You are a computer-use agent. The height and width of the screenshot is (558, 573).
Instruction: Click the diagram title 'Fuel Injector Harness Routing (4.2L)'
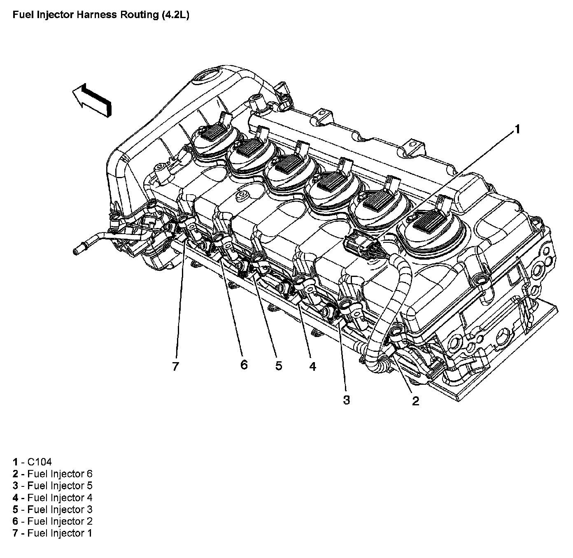(101, 16)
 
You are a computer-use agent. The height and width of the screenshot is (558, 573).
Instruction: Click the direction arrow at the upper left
(92, 100)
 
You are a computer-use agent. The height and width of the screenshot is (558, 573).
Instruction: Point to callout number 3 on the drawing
(346, 399)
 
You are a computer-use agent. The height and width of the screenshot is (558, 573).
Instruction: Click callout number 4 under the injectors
(312, 366)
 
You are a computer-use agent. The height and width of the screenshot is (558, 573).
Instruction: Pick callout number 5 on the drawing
(279, 365)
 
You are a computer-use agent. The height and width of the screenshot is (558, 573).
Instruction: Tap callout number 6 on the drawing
(244, 364)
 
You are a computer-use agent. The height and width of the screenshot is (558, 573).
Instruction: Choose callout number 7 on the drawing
(176, 366)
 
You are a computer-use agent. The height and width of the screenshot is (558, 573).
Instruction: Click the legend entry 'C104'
(32, 461)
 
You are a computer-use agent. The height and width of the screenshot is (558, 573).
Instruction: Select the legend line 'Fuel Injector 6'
(52, 473)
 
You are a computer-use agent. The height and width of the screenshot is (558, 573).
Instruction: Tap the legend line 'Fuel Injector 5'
(52, 485)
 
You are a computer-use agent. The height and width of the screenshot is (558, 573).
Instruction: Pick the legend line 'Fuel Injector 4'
(52, 498)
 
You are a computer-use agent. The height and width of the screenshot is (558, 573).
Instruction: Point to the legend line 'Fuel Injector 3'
(52, 509)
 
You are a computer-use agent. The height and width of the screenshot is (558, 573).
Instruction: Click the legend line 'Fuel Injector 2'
(52, 521)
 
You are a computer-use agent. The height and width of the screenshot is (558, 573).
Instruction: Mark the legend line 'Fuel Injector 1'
(52, 533)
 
